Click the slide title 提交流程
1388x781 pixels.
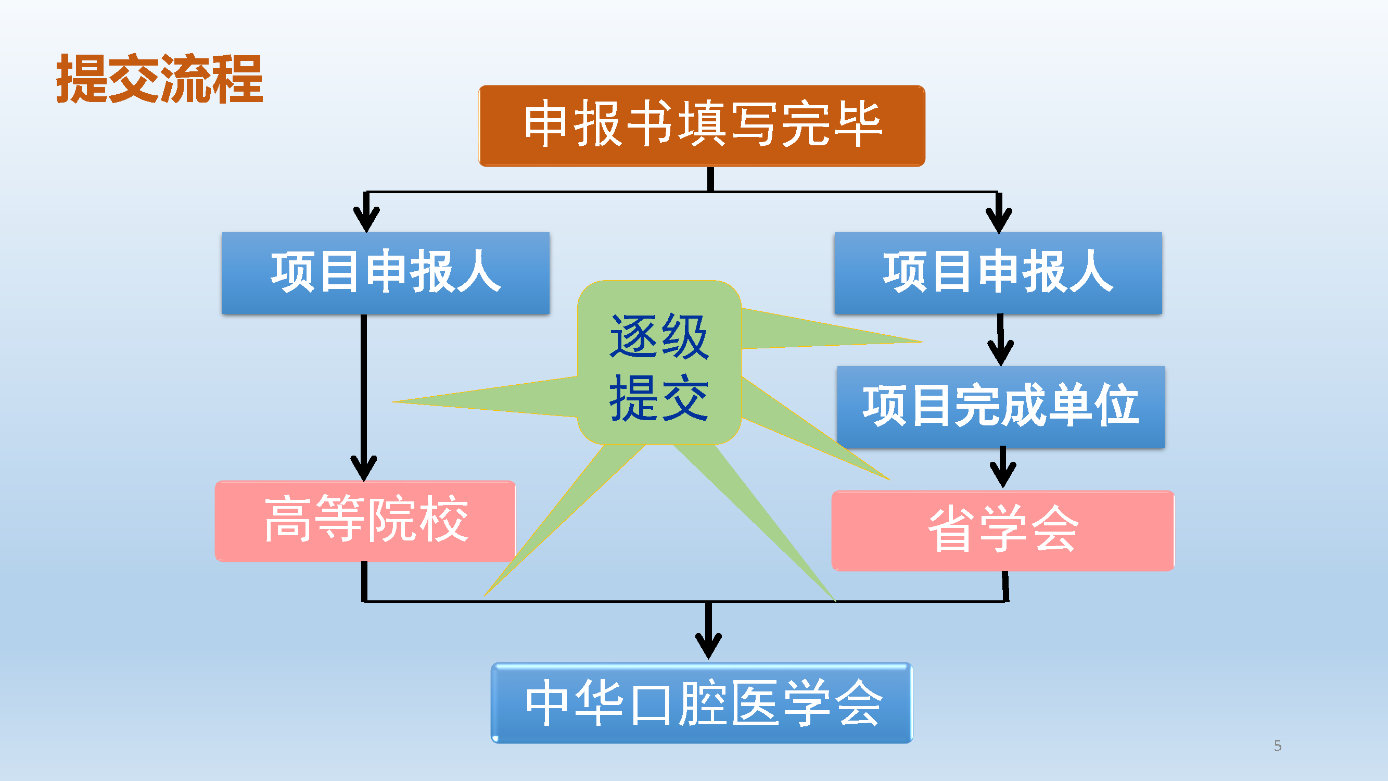pyautogui.click(x=159, y=79)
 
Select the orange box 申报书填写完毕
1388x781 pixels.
pyautogui.click(x=702, y=125)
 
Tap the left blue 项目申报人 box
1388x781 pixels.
pyautogui.click(x=386, y=273)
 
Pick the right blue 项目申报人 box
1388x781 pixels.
pyautogui.click(x=998, y=273)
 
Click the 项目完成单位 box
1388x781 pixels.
pyautogui.click(x=1001, y=407)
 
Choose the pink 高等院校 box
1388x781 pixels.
pyautogui.click(x=365, y=521)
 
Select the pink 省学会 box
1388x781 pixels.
pyautogui.click(x=1002, y=531)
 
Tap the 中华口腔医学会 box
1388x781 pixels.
pyautogui.click(x=702, y=703)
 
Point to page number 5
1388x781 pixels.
pyautogui.click(x=1278, y=746)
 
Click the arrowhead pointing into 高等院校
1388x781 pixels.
pyautogui.click(x=364, y=469)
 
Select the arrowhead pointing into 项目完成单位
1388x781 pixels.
pyautogui.click(x=1001, y=353)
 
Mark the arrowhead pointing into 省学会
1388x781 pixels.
pyautogui.click(x=1003, y=475)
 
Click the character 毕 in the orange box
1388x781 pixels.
pyautogui.click(x=856, y=124)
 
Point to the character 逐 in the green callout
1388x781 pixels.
pyautogui.click(x=634, y=336)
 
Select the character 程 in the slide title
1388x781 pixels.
pyautogui.click(x=237, y=79)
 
